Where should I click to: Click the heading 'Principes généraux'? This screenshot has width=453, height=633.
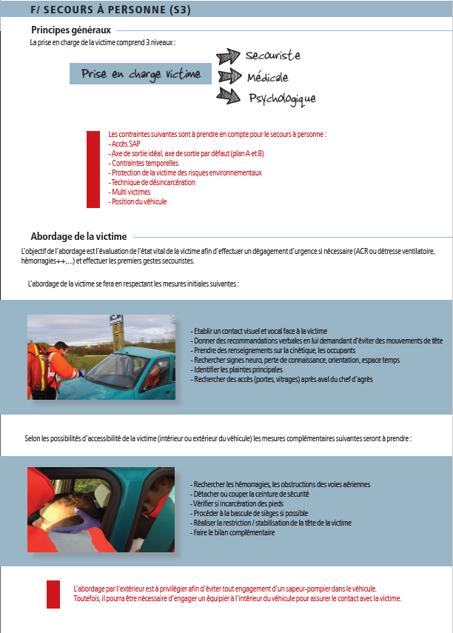pos(71,30)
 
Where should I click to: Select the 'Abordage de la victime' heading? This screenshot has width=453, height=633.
pos(78,236)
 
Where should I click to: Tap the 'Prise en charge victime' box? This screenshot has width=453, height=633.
pos(141,74)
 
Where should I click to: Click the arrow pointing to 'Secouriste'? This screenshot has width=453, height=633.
pos(229,57)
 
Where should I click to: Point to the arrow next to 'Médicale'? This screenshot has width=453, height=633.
pos(230,76)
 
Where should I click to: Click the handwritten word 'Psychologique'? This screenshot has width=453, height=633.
pos(282,98)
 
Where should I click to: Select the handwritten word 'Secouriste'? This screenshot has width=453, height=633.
pos(272,56)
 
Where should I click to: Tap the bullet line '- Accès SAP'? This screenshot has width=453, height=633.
pos(124,144)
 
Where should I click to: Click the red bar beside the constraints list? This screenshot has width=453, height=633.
pos(93,169)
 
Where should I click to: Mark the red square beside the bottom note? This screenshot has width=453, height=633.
pos(53,594)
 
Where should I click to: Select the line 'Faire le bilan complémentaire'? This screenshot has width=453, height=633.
pos(233,532)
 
